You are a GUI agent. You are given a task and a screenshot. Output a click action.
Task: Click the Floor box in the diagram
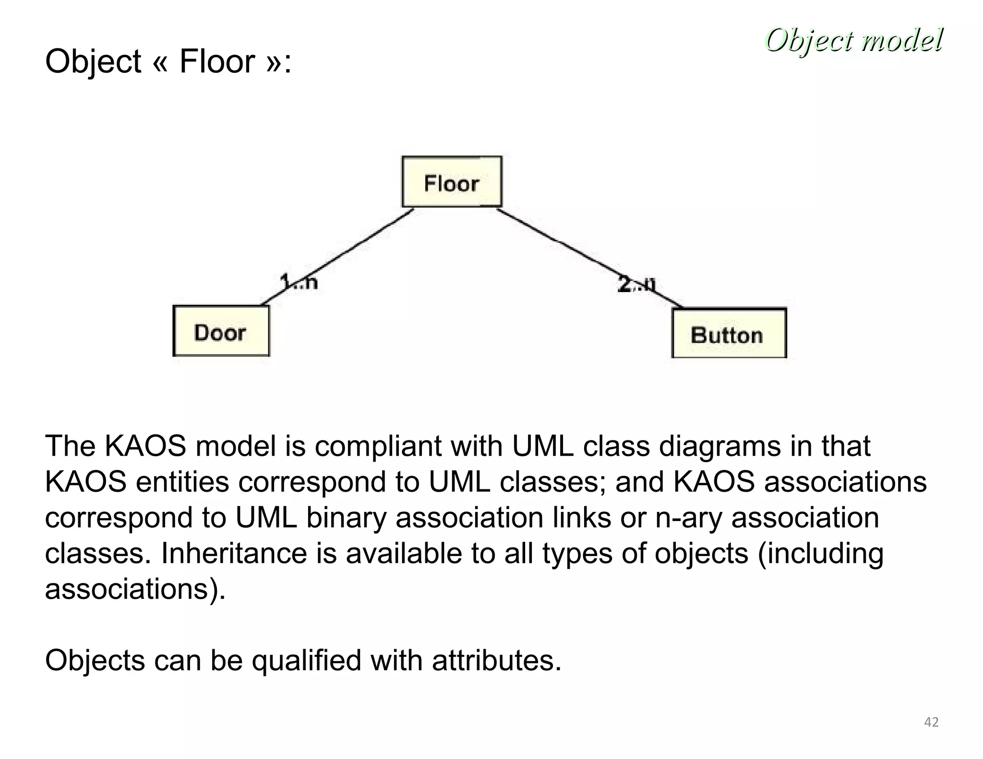tap(452, 182)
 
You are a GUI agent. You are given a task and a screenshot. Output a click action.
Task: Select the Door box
tap(221, 331)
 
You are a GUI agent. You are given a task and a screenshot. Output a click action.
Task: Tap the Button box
tap(729, 333)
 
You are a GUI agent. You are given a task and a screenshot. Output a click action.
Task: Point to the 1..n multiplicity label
tap(299, 282)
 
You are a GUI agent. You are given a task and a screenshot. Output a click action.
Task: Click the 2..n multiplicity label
tap(636, 284)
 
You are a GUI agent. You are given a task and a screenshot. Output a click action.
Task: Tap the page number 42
tap(931, 722)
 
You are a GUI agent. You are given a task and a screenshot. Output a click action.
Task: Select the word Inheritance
tap(233, 553)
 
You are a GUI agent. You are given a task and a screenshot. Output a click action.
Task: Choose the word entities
tap(182, 482)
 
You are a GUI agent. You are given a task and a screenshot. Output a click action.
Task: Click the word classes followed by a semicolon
tap(552, 482)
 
